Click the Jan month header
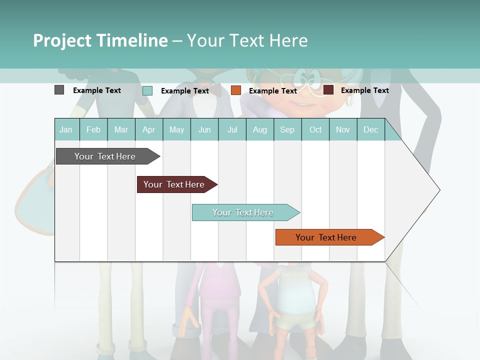point(66,129)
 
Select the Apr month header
point(148,129)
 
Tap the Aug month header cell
point(259,129)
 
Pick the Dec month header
point(370,129)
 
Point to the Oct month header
point(315,129)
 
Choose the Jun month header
point(204,129)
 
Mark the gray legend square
point(59,90)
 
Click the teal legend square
point(147,90)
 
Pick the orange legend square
point(236,90)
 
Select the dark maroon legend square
point(328,90)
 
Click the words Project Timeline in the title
point(100,40)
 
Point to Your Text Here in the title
point(247,40)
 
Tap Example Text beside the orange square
point(273,91)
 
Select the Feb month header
point(93,129)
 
